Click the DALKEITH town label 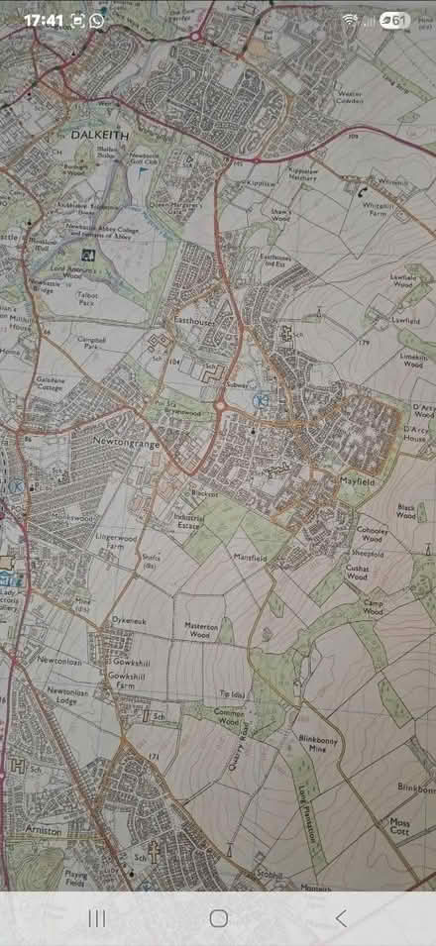97,132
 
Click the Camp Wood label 374,607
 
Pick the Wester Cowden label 350,98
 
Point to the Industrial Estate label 188,521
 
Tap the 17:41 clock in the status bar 43,20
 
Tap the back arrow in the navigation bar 340,918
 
